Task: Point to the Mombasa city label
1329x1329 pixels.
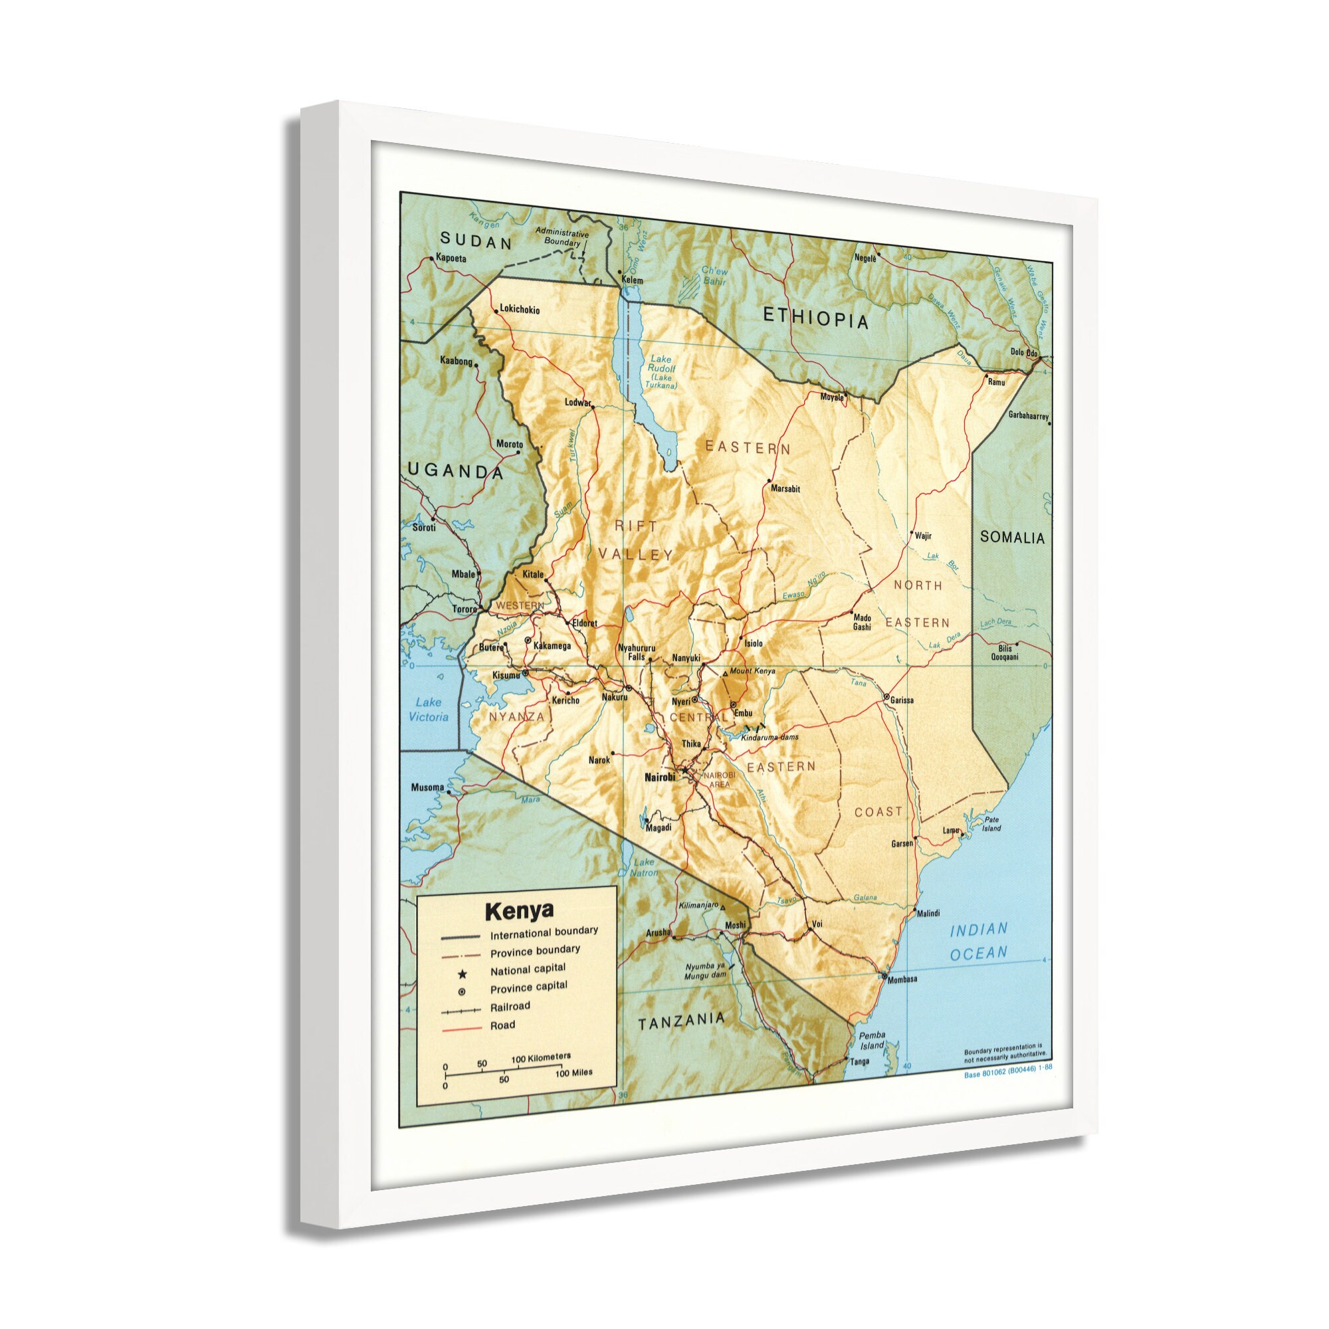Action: point(902,979)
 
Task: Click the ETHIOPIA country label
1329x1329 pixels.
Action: point(817,318)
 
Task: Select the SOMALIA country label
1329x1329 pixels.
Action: point(1012,537)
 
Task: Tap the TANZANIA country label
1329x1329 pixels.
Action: point(682,1021)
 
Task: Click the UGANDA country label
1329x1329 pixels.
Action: point(455,471)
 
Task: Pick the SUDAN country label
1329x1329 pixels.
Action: point(476,241)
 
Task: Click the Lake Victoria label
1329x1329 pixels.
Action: point(431,709)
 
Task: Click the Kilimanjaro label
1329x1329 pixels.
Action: point(698,904)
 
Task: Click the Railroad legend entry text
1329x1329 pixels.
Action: point(510,1006)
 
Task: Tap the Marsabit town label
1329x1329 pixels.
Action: point(786,489)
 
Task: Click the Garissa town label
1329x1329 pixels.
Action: point(901,700)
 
